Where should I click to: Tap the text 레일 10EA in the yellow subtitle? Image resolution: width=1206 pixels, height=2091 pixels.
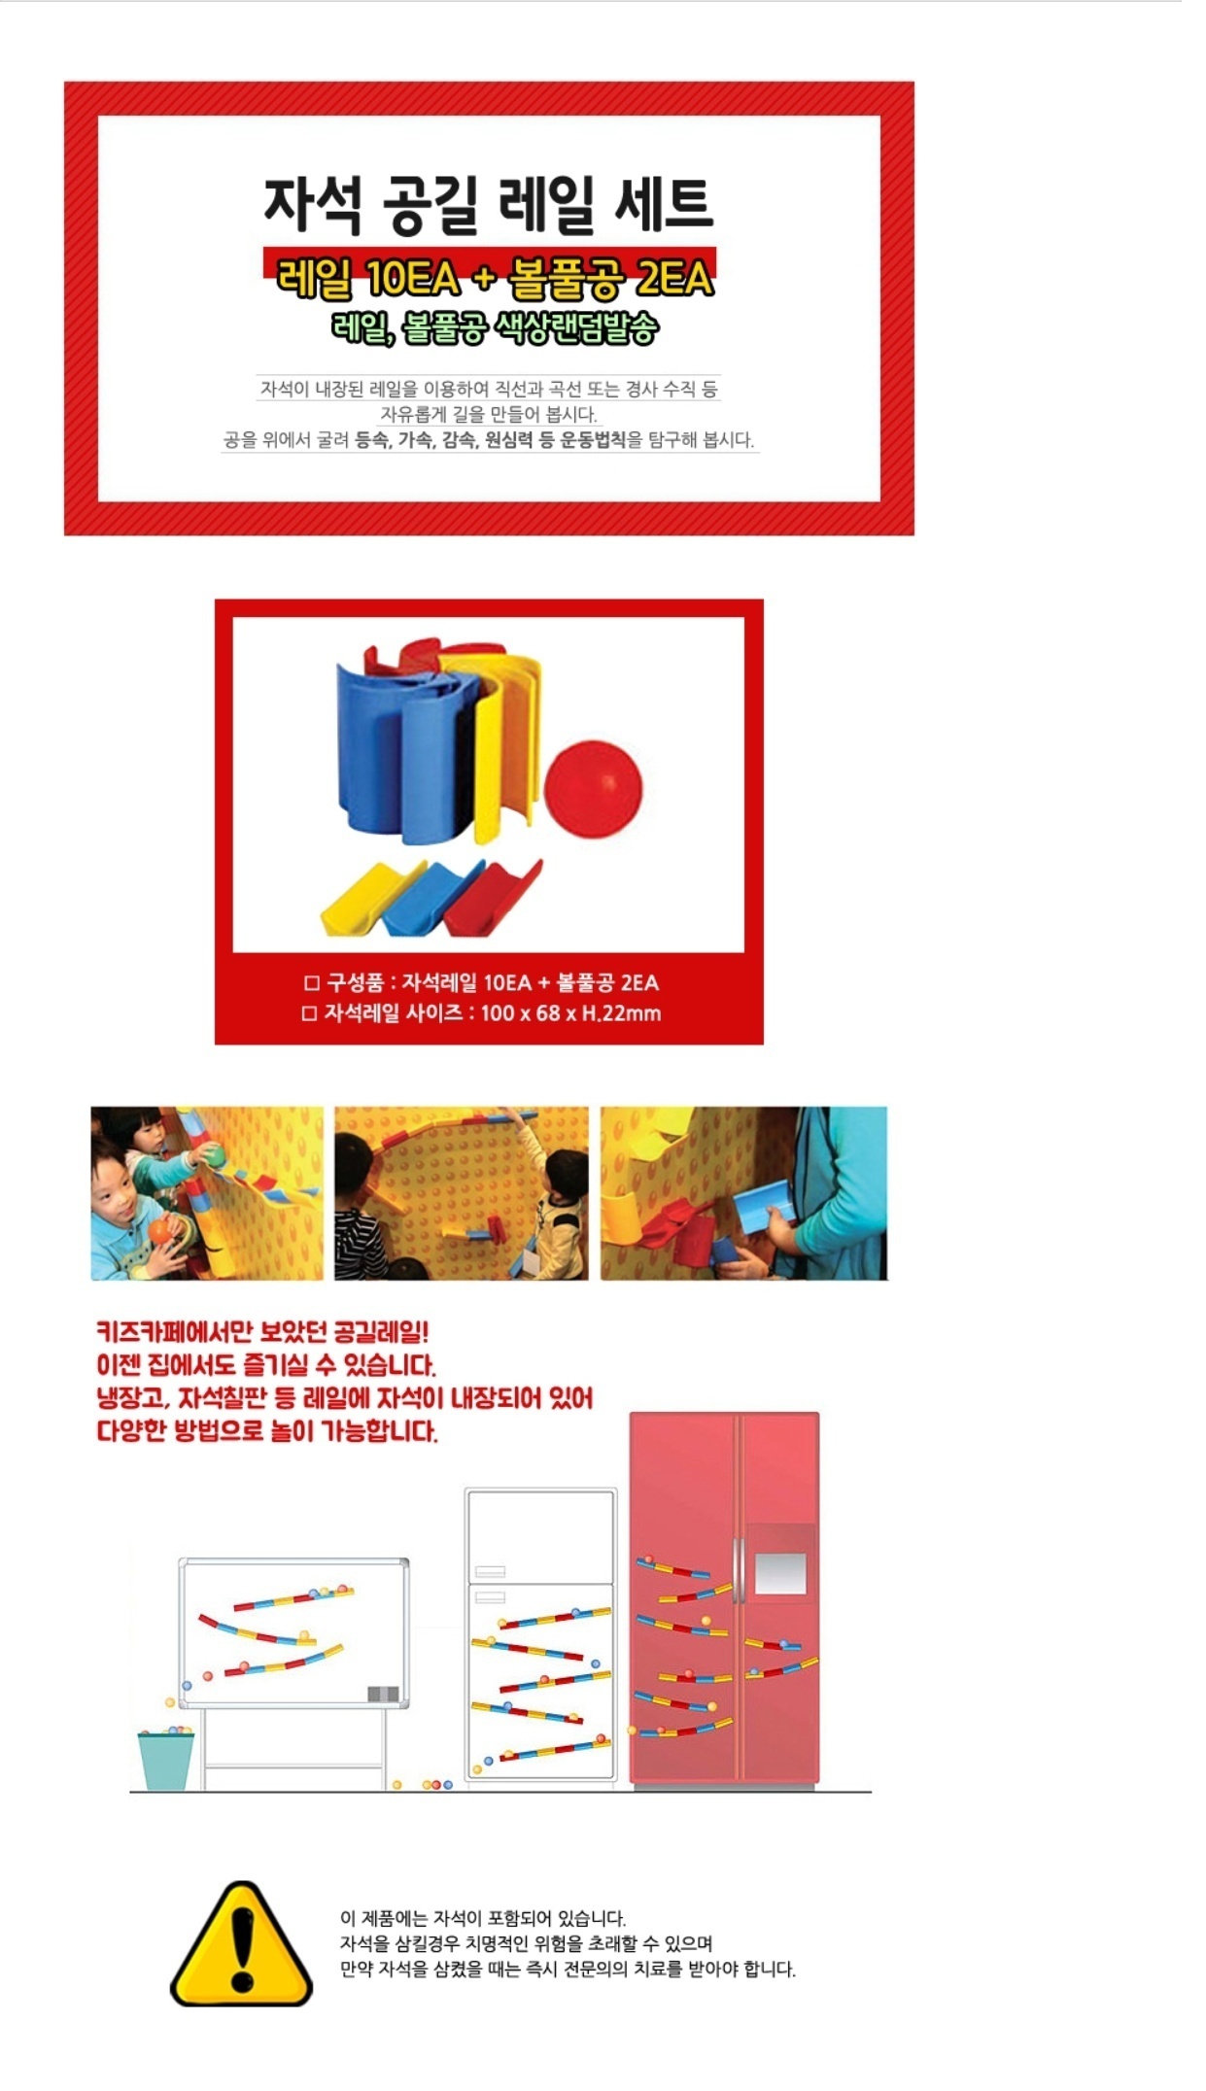click(367, 279)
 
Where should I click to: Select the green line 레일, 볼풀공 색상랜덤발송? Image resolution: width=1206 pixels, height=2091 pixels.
click(495, 327)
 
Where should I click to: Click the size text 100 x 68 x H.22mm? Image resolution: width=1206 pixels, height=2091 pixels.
click(570, 1013)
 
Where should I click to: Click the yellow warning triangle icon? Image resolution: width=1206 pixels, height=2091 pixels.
click(241, 1943)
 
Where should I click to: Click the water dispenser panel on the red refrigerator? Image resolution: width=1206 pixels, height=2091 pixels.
click(780, 1571)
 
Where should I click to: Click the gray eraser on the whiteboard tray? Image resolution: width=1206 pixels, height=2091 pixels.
click(383, 1694)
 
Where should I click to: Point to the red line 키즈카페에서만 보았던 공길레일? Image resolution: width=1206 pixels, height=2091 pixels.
click(262, 1332)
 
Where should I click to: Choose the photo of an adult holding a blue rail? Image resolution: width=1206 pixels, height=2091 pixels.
click(743, 1193)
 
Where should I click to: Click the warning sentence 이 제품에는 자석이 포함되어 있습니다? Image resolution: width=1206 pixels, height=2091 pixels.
click(483, 1918)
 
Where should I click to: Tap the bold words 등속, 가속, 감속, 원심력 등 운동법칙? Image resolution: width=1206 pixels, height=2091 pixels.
click(490, 440)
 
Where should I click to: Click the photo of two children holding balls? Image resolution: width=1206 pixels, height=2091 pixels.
click(207, 1193)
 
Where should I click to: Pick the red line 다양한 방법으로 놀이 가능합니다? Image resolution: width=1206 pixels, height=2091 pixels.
click(267, 1431)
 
